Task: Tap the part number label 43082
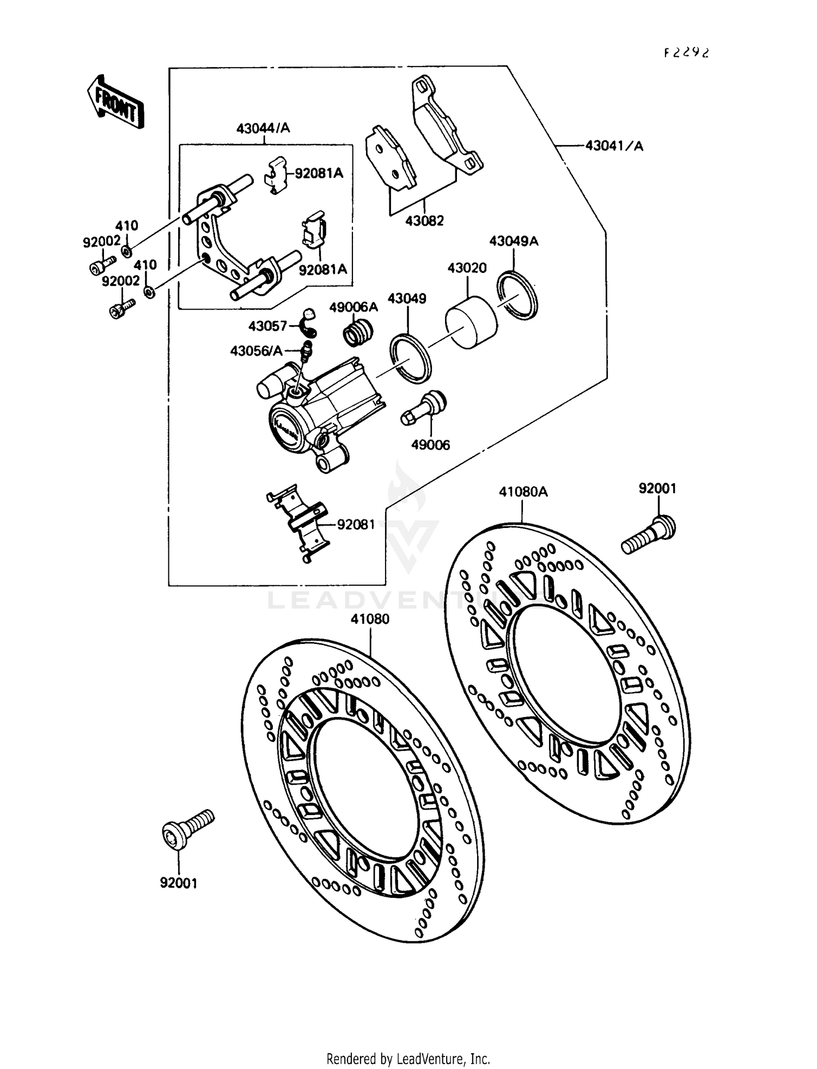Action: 424,221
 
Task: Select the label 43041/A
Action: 614,146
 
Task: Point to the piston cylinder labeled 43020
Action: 471,323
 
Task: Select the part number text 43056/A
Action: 256,351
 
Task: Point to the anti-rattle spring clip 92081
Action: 298,522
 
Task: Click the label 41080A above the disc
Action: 523,492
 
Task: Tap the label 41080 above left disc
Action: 370,619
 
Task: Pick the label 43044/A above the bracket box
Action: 263,129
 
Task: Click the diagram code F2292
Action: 687,52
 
